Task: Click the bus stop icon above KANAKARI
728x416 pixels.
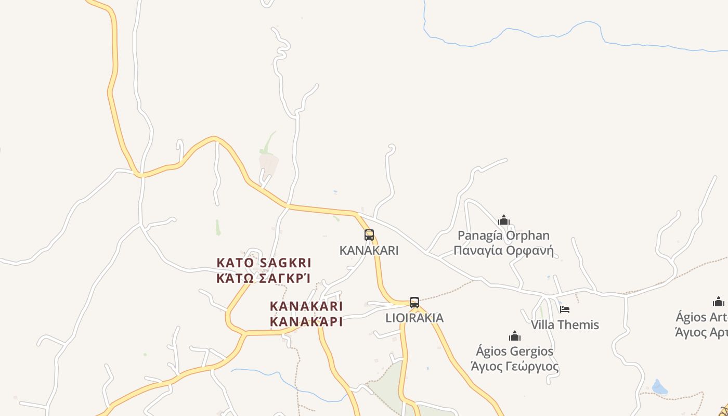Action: [369, 235]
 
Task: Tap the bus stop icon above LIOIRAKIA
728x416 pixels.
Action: [414, 302]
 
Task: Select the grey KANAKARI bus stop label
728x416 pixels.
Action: [369, 250]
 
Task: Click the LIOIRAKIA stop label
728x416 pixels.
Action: [414, 318]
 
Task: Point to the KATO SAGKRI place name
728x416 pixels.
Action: [264, 263]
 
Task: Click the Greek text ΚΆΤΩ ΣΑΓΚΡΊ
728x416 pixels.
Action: [264, 278]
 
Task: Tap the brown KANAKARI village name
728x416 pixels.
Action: [306, 306]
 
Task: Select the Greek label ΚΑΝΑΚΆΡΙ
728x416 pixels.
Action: [306, 321]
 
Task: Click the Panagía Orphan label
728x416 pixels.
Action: [503, 236]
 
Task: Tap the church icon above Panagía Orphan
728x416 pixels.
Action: [503, 220]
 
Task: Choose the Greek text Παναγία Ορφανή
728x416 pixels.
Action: [503, 251]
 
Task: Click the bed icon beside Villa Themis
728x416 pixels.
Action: [565, 309]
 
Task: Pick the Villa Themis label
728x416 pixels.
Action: [565, 325]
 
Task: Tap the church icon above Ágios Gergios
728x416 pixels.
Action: [515, 335]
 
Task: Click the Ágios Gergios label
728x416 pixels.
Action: [515, 351]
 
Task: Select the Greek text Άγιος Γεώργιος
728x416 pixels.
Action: [515, 367]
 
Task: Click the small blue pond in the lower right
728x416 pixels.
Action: [659, 387]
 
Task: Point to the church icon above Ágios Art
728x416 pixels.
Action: [719, 302]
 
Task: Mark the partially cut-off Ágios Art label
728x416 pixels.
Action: [702, 317]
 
